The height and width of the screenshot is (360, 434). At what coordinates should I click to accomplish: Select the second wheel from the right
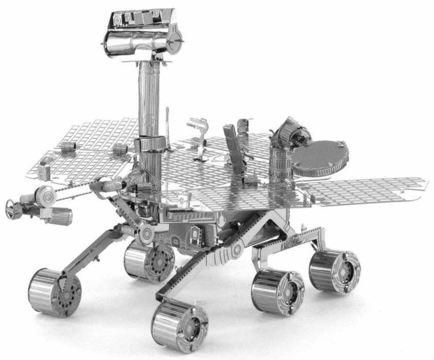277,292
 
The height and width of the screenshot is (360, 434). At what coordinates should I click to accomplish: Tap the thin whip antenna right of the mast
168,121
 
